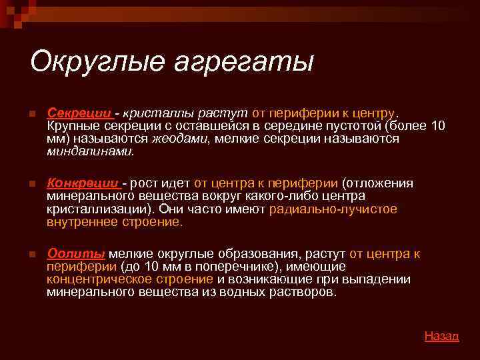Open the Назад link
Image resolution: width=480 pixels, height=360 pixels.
[x=441, y=336]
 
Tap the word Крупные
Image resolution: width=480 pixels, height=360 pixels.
[x=71, y=126]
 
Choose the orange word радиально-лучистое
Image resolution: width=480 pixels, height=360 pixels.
[x=333, y=209]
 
